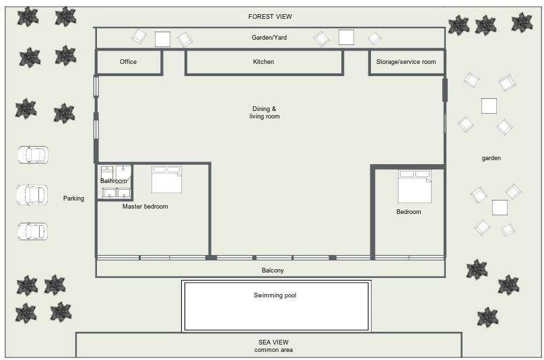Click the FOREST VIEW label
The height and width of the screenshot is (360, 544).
click(x=270, y=17)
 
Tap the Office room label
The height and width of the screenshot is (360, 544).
click(x=128, y=62)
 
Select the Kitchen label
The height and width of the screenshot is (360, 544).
click(x=263, y=62)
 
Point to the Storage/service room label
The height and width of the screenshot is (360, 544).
click(x=406, y=62)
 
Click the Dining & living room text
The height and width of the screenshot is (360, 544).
click(x=265, y=112)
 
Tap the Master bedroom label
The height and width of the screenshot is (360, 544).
click(x=145, y=207)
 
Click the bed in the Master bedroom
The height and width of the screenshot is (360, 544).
click(x=166, y=179)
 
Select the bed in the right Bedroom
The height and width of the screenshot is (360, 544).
click(x=415, y=186)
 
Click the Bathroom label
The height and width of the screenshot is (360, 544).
click(x=114, y=181)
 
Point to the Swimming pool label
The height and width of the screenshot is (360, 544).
click(x=275, y=295)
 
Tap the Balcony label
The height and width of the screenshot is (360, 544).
click(x=273, y=271)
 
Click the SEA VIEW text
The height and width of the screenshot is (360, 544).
click(x=273, y=342)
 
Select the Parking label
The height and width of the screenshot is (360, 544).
click(x=73, y=199)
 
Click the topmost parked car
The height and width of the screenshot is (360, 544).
click(x=33, y=155)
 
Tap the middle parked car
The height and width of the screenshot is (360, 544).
click(x=32, y=194)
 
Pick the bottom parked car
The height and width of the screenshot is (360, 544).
click(x=32, y=231)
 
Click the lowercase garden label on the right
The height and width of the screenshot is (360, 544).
click(x=491, y=158)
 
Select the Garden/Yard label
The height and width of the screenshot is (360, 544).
click(x=269, y=38)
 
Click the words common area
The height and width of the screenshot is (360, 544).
click(x=273, y=350)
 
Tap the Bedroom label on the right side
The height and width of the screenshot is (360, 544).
click(x=409, y=211)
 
